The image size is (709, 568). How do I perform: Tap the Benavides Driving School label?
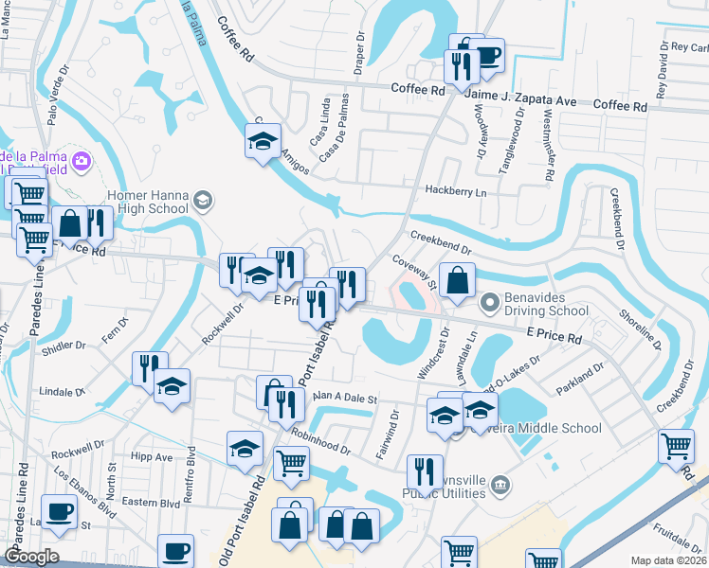pos(547,303)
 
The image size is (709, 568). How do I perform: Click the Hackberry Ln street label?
pos(455,191)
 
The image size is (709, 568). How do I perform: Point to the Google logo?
pos(31,556)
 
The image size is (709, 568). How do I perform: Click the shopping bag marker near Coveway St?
pos(457,281)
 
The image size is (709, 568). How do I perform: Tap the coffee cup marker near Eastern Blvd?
pos(175,550)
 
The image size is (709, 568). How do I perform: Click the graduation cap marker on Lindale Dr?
pos(172,386)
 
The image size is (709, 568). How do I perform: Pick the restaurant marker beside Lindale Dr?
pos(150,367)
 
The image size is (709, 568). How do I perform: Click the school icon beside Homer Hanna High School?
pos(203,200)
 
